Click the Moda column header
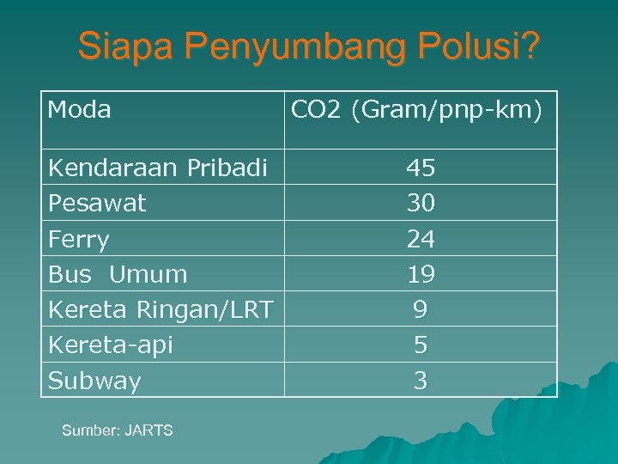point(80,110)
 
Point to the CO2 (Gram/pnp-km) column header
point(417,110)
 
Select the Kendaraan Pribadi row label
point(158,168)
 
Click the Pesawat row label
point(97,203)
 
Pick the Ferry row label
point(79,239)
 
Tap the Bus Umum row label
point(118,275)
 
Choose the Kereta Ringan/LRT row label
point(161,309)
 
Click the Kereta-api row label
point(111,345)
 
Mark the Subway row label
point(94,381)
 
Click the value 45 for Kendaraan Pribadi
point(421,168)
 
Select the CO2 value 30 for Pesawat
point(421,203)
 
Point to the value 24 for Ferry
point(421,238)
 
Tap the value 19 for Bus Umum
point(421,274)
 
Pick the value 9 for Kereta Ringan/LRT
point(421,309)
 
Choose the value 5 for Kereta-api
point(421,345)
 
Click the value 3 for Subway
point(421,381)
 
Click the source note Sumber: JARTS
point(117,430)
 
